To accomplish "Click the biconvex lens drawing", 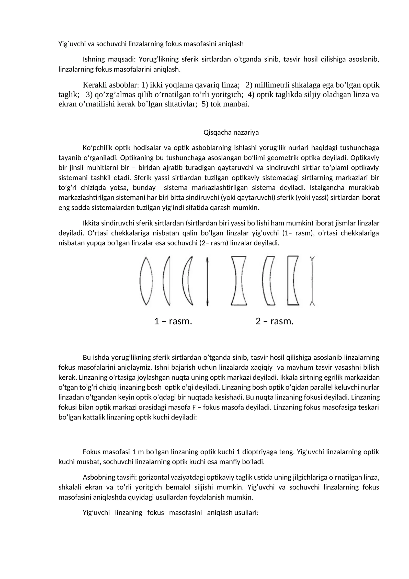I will pos(146,281).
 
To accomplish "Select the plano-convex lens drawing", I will pos(167,281).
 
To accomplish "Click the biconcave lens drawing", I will pos(239,281).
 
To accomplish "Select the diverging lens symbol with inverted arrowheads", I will pos(312,281).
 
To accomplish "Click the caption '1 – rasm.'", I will pos(173,321).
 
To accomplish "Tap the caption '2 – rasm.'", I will pos(275,321).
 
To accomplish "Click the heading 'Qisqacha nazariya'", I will pos(231,132).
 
